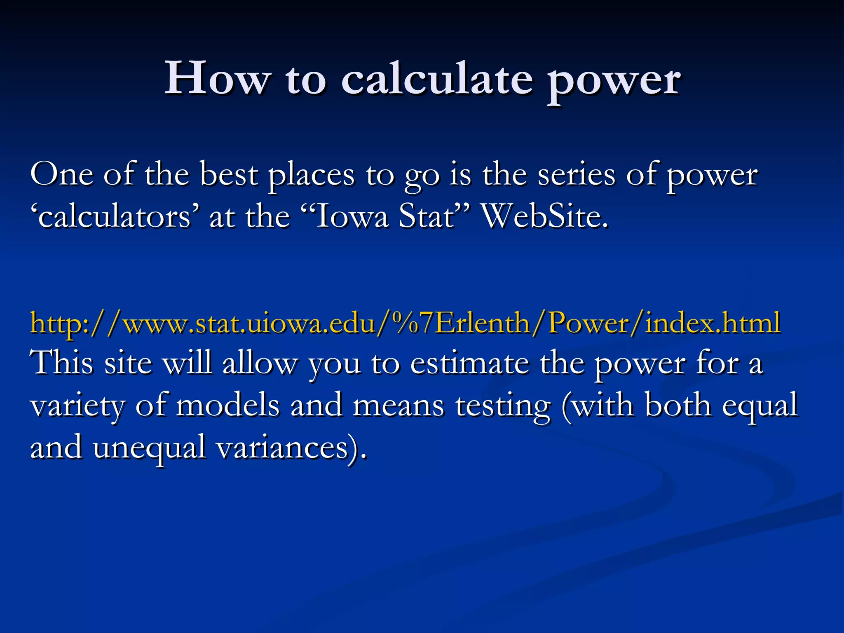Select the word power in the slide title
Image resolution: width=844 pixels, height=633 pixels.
pos(614,80)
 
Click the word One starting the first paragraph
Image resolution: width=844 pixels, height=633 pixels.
pos(61,175)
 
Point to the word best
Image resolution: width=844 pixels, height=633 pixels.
pos(229,175)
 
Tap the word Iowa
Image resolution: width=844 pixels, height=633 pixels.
pos(352,217)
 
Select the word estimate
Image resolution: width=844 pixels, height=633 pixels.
pos(469,364)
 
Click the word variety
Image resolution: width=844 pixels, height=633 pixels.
pos(77,406)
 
